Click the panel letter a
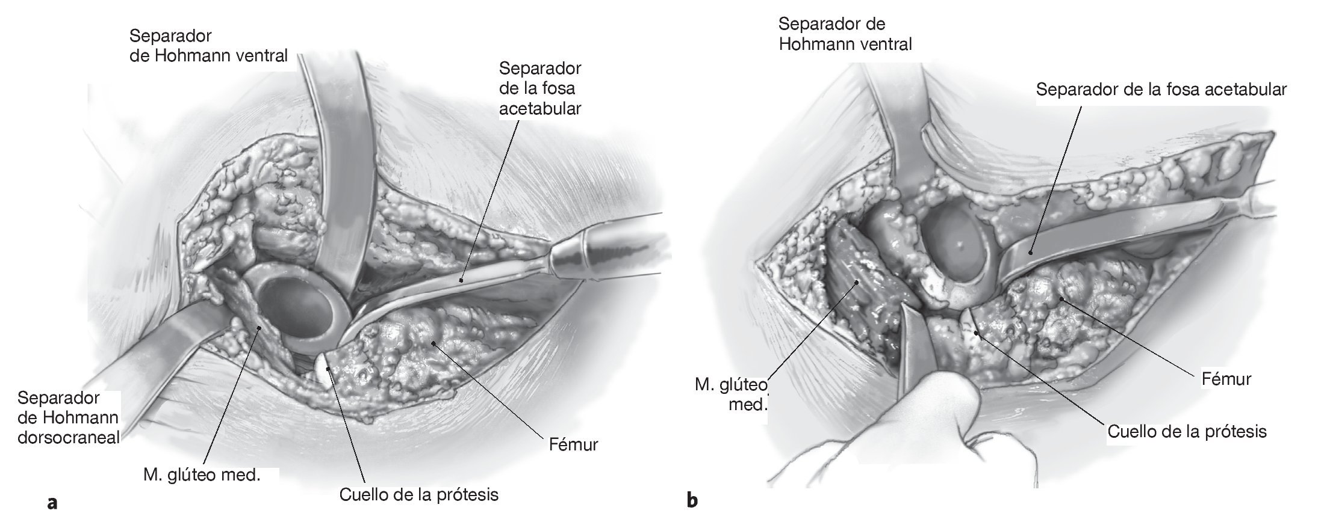point(52,502)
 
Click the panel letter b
point(692,500)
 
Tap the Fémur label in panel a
point(573,445)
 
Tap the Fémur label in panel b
point(1226,379)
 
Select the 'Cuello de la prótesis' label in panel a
point(419,495)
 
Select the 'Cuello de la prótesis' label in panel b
point(1187,432)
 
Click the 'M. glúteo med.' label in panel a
point(202,475)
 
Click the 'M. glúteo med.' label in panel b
point(732,394)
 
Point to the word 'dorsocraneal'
point(69,437)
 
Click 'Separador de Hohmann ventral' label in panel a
point(208,46)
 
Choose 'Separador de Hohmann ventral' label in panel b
point(845,34)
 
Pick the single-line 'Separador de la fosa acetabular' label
point(1161,90)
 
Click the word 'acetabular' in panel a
point(540,109)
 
